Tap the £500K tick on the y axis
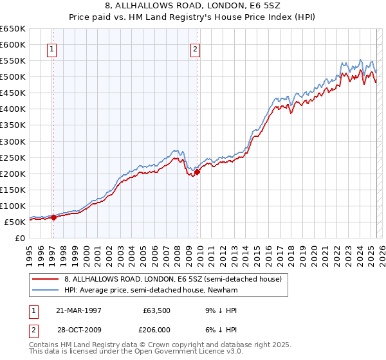pos(13,76)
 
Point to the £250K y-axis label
pos(13,157)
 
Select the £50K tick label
pos(15,222)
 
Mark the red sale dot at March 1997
pos(54,217)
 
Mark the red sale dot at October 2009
pos(198,171)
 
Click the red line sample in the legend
pos(46,279)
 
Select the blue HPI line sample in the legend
pos(46,290)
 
